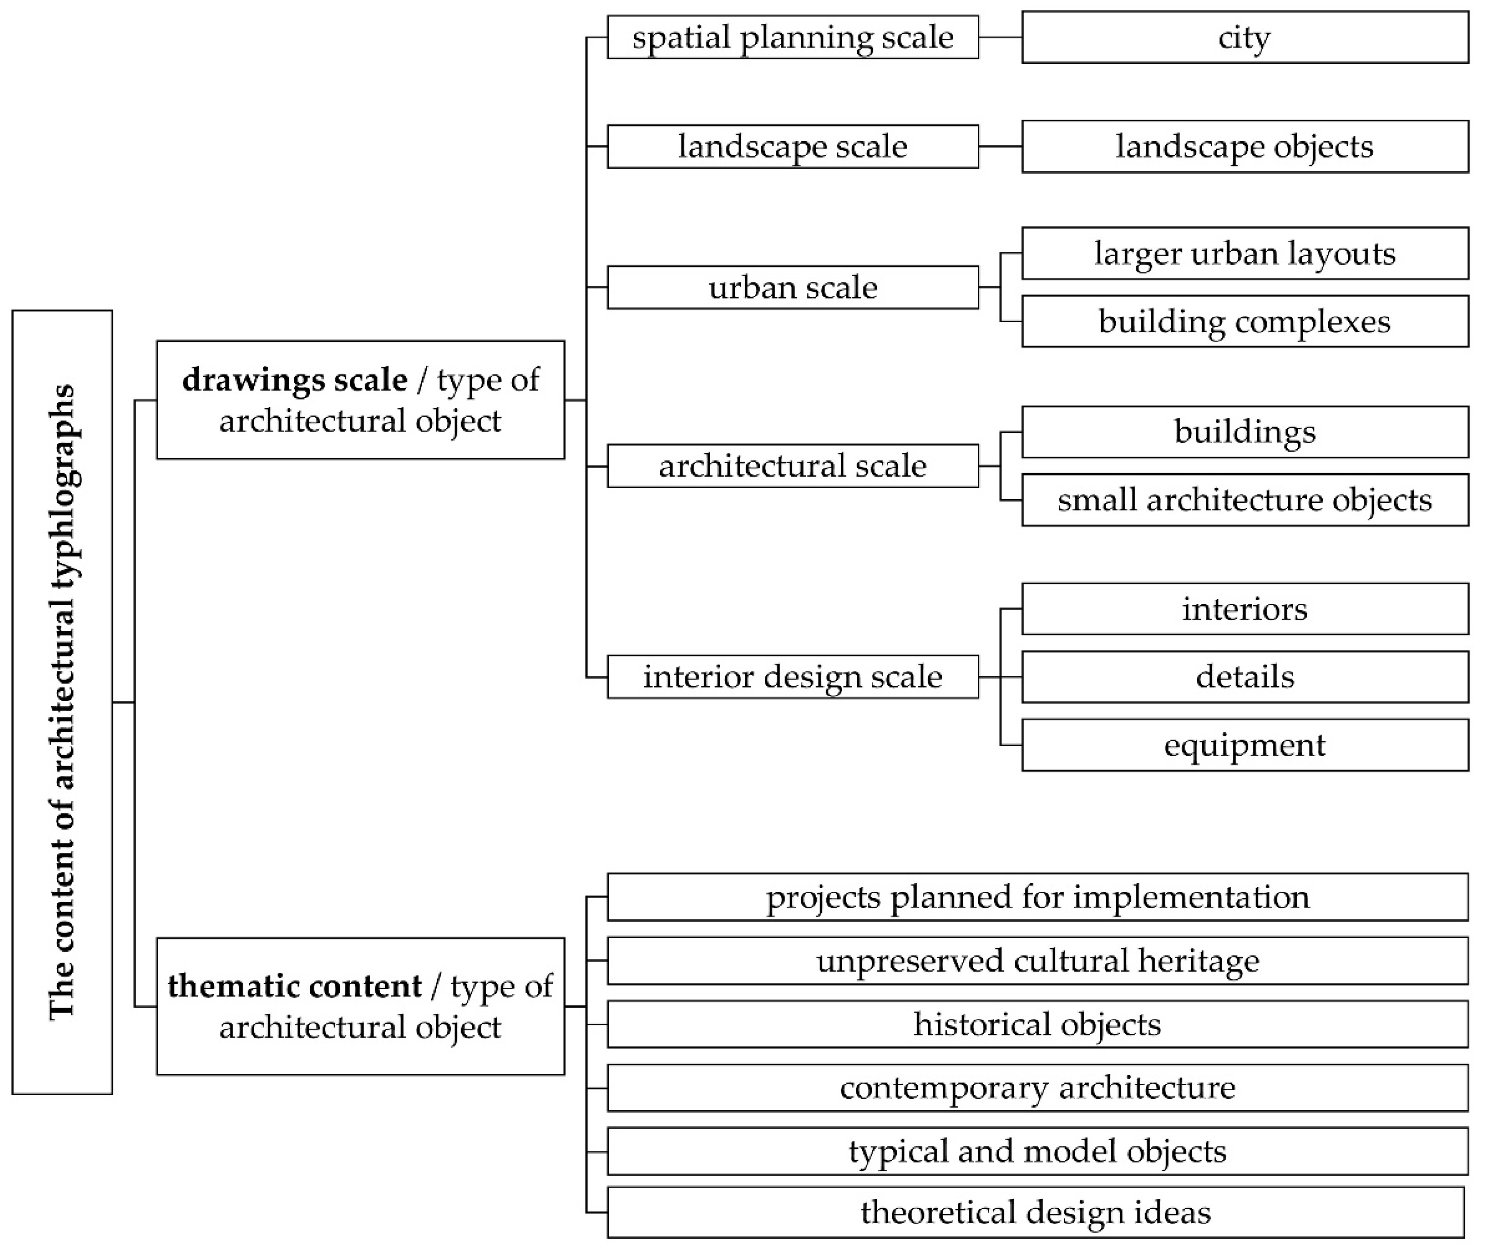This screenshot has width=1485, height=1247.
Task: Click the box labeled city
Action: point(1245,37)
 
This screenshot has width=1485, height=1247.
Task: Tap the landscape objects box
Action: point(1245,146)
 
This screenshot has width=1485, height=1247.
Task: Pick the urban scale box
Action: point(793,287)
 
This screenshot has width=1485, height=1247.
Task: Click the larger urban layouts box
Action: point(1245,253)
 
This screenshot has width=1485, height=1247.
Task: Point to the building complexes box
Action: point(1245,321)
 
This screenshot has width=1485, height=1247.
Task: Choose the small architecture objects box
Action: point(1245,500)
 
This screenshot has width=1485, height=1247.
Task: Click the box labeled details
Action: point(1245,677)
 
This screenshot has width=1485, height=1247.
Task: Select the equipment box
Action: point(1245,745)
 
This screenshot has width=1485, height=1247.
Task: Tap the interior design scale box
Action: point(793,677)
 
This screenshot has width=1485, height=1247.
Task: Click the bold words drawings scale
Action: point(295,380)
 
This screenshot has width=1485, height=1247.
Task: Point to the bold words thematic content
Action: point(295,986)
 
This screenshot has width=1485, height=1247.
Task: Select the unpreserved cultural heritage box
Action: point(1037,960)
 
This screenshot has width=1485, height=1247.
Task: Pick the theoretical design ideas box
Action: point(1035,1212)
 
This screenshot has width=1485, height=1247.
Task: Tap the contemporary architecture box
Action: point(1037,1088)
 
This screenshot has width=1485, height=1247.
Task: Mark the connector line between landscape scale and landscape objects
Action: point(1000,146)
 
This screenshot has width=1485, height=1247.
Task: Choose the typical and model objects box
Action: point(1037,1151)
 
